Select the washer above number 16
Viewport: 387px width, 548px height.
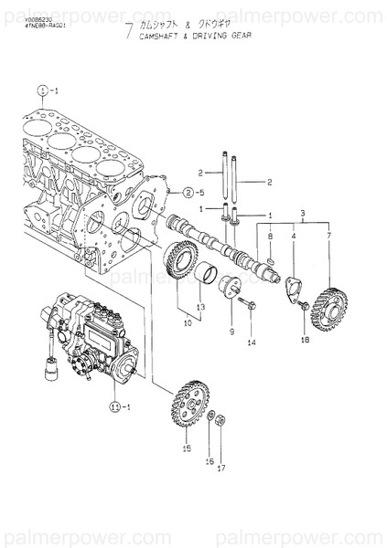click(x=210, y=417)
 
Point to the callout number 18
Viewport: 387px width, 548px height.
click(x=305, y=339)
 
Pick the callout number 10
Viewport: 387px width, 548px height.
click(x=188, y=322)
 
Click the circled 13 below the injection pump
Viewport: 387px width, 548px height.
click(x=114, y=406)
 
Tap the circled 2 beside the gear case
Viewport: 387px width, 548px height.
click(x=188, y=193)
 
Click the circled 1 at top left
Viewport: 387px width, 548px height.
click(x=42, y=90)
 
